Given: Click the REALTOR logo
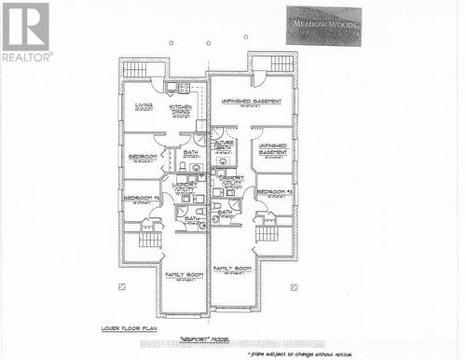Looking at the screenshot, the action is click(x=25, y=31).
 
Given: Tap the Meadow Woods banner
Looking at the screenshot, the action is click(x=323, y=24).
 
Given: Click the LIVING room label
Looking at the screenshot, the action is click(x=144, y=106).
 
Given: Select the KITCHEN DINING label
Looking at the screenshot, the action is click(x=180, y=109).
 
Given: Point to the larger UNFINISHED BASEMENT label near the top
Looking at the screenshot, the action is click(x=249, y=102).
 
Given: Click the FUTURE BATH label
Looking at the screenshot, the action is click(x=225, y=145).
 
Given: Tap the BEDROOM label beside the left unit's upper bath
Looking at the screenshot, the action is click(x=142, y=156).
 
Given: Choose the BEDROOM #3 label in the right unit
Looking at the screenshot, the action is click(x=275, y=192).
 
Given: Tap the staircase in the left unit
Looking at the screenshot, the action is click(x=150, y=239).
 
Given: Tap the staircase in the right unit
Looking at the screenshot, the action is click(x=267, y=232).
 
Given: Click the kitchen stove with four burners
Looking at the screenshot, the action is click(x=184, y=89).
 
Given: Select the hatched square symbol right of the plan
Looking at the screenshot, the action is click(x=295, y=285).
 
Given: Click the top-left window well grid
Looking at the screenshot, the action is click(x=135, y=69).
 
